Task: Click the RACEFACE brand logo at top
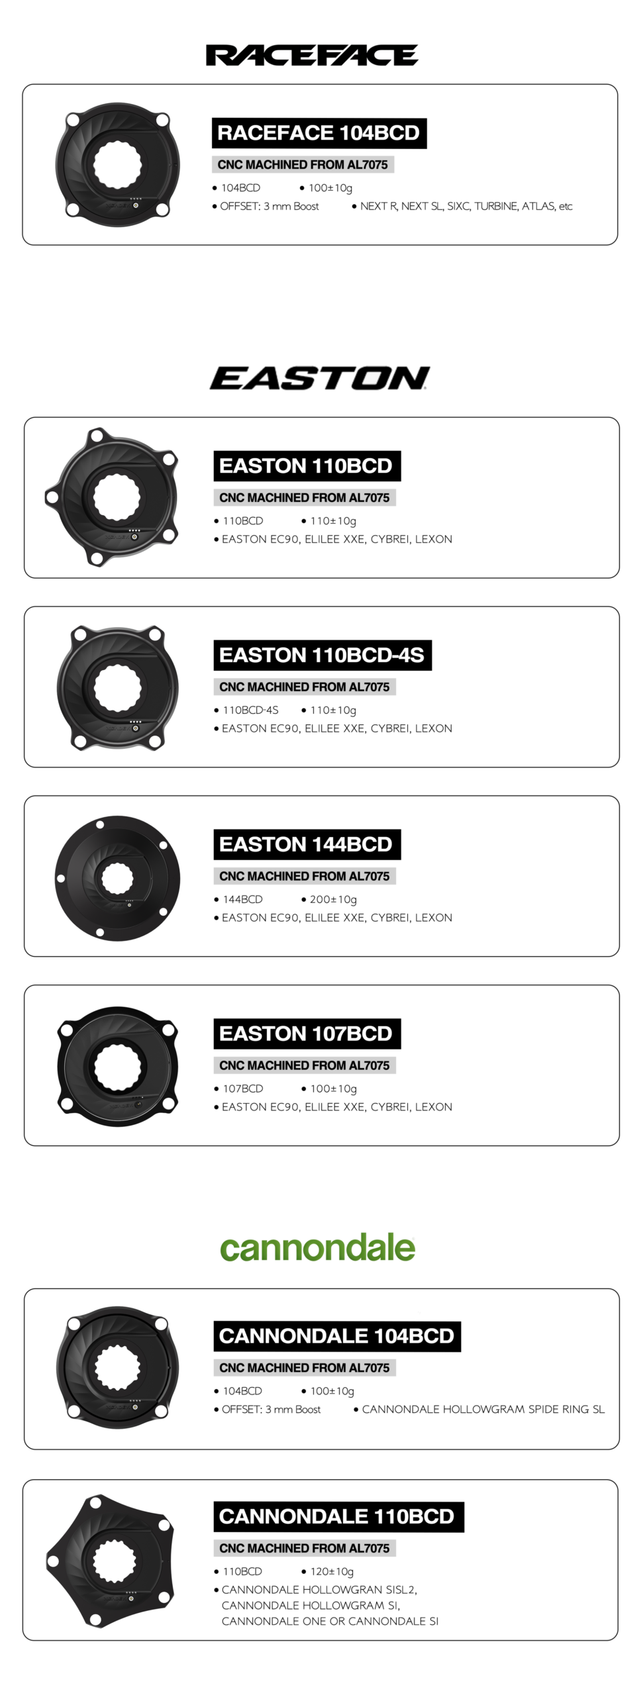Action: click(312, 55)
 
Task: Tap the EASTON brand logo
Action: click(320, 378)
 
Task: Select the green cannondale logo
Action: click(318, 1248)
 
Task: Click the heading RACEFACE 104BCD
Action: click(319, 133)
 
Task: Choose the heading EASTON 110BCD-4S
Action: click(322, 655)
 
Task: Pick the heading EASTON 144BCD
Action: click(307, 844)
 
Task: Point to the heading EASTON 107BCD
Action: click(307, 1034)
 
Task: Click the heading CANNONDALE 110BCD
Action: click(338, 1517)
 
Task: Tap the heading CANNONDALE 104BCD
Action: click(336, 1336)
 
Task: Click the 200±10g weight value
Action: click(333, 899)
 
